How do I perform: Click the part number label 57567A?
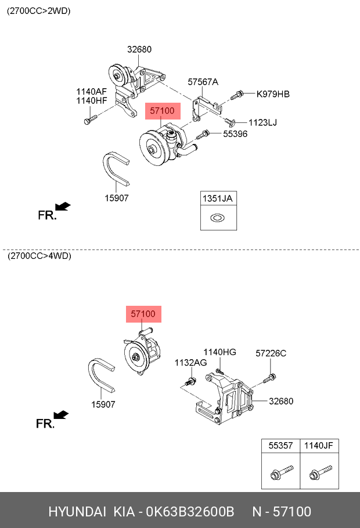[x=203, y=82]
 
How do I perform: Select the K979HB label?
[x=273, y=94]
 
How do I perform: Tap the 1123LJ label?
[x=263, y=122]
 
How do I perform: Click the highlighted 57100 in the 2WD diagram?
[x=162, y=110]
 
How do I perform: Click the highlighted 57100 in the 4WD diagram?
[x=143, y=314]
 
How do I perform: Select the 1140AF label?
[x=92, y=92]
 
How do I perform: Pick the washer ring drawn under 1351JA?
[x=218, y=219]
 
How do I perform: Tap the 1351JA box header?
[x=218, y=198]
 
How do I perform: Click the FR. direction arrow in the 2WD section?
[x=62, y=207]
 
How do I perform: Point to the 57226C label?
[x=271, y=353]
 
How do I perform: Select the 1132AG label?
[x=190, y=363]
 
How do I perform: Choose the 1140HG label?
[x=219, y=352]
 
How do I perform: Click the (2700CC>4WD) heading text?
[x=39, y=256]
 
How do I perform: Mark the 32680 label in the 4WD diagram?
[x=281, y=401]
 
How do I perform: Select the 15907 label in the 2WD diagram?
[x=116, y=198]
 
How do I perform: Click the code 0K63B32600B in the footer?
[x=189, y=512]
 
